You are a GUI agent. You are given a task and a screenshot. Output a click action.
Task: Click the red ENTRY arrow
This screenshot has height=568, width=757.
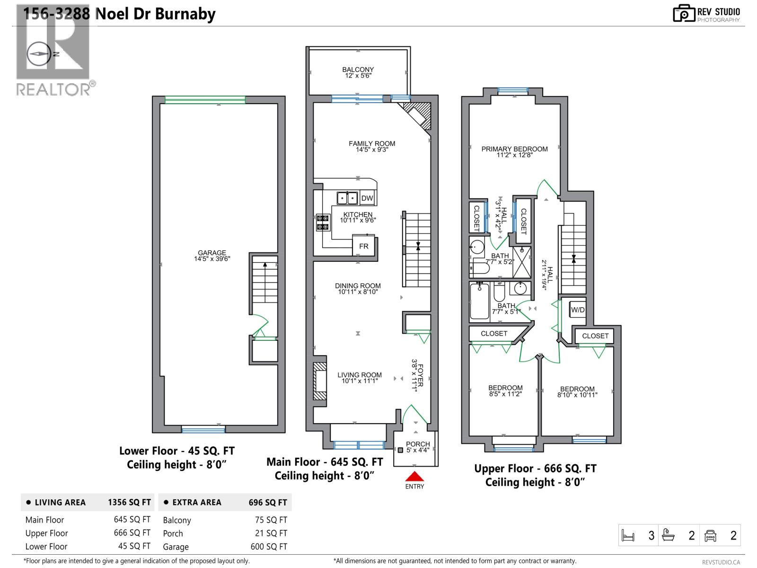tap(414, 477)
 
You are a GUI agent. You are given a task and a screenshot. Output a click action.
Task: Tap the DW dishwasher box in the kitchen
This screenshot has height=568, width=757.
tap(367, 198)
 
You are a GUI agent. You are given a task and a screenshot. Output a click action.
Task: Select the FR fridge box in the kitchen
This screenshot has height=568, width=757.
tap(363, 246)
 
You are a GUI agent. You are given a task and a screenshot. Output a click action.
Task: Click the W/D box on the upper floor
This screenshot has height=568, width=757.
tap(578, 310)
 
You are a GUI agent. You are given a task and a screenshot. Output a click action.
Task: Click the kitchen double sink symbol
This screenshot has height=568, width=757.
tap(347, 198)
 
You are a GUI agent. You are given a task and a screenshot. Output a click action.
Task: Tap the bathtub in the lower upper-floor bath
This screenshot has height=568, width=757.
tap(479, 302)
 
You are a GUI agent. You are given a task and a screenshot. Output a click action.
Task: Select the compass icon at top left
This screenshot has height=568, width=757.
tap(40, 54)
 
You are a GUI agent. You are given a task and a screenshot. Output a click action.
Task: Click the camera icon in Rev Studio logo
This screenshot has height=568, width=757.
tap(683, 14)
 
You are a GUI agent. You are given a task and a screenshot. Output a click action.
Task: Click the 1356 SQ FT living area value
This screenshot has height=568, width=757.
tap(129, 502)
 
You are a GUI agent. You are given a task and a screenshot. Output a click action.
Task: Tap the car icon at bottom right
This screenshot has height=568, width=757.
tap(710, 535)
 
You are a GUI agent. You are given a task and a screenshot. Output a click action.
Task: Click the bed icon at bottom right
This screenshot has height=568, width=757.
tap(628, 536)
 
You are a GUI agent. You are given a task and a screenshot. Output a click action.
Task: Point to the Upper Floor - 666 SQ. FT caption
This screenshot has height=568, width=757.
tap(535, 469)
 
